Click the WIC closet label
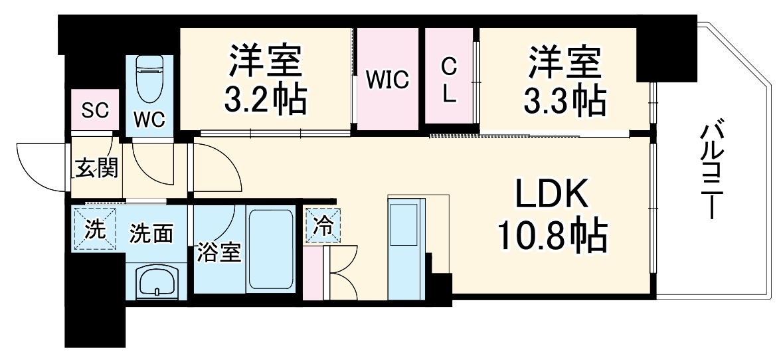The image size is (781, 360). click(389, 81)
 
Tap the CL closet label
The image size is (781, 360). click(450, 80)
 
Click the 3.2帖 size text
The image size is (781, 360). click(266, 100)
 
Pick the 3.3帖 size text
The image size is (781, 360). click(564, 100)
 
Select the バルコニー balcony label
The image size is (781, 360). click(716, 169)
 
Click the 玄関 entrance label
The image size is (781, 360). click(96, 169)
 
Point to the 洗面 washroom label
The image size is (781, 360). click(151, 233)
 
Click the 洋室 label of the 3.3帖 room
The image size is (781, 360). click(564, 63)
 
